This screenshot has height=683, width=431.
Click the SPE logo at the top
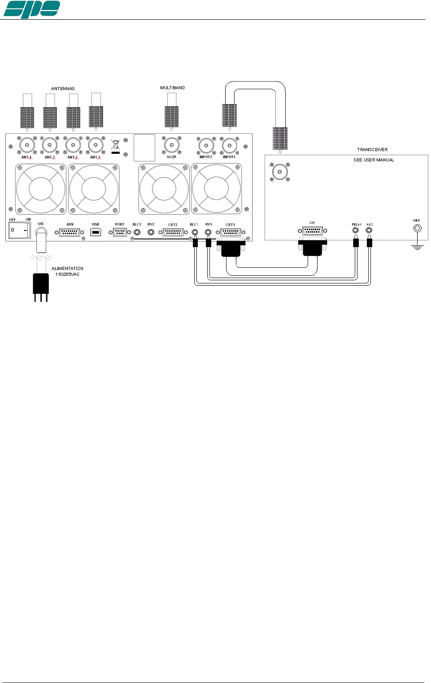click(x=31, y=9)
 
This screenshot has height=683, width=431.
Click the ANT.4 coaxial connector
click(x=27, y=145)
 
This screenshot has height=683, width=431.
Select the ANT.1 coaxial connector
click(x=96, y=145)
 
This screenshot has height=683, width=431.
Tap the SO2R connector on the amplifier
click(x=172, y=145)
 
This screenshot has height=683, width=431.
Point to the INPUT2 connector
click(x=206, y=145)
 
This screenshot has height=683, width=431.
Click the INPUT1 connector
click(x=230, y=145)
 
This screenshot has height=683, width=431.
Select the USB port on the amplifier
click(x=96, y=232)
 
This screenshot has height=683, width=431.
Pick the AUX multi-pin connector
click(x=70, y=232)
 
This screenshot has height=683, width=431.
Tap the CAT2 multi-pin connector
click(x=173, y=232)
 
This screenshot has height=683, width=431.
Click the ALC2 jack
click(x=137, y=232)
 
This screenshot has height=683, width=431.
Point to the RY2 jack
click(x=151, y=232)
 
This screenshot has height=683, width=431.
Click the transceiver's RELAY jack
click(x=356, y=231)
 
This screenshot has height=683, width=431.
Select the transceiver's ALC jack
click(x=369, y=231)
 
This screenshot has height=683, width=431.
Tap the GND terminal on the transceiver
click(x=417, y=228)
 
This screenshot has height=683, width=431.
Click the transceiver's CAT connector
click(x=312, y=231)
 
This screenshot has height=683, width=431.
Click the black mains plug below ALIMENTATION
click(x=41, y=283)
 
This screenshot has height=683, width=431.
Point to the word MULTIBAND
click(x=172, y=88)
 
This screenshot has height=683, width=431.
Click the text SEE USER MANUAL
click(x=374, y=160)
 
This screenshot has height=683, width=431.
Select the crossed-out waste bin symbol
click(x=115, y=144)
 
